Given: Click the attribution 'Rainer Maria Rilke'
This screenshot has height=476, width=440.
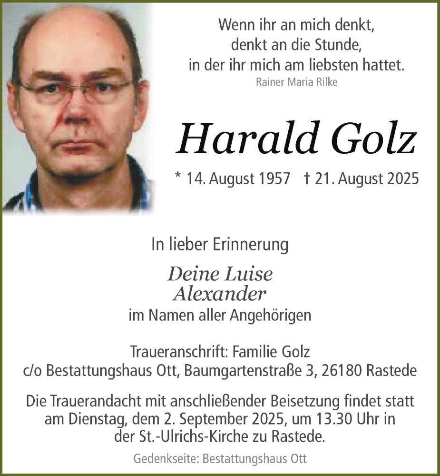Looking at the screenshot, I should pos(296,82).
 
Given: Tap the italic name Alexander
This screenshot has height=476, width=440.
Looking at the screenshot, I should pos(219,295).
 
